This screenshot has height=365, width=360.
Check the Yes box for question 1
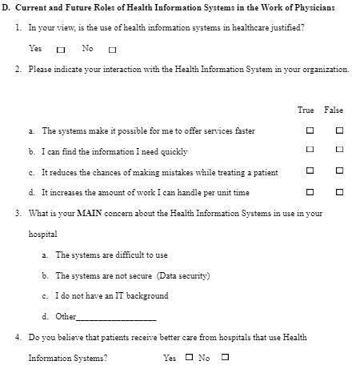[61, 50]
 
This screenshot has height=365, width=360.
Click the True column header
[306, 110]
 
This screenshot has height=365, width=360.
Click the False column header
[334, 110]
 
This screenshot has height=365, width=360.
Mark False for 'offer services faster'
[339, 130]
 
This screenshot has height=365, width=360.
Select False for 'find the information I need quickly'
[339, 150]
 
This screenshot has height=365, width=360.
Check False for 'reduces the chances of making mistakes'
[339, 171]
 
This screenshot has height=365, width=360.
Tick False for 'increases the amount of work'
[339, 192]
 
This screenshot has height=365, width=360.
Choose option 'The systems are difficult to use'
[111, 255]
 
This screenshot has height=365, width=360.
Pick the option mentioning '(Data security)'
[132, 275]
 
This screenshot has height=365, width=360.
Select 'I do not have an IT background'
[111, 296]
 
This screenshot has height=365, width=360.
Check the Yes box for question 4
[190, 358]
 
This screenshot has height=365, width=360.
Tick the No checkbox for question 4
[225, 358]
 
